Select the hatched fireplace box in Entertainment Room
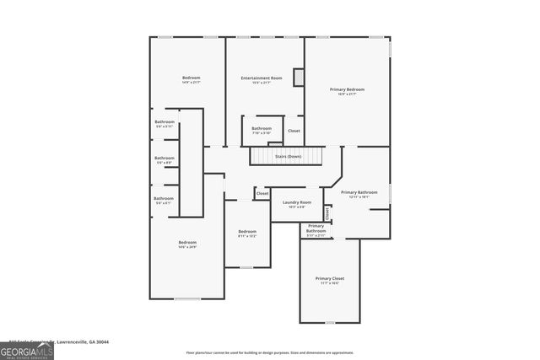tap(298, 78)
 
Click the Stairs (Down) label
tap(288, 157)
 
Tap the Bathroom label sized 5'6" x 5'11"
tap(165, 122)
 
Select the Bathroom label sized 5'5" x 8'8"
tap(165, 159)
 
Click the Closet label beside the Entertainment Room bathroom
tap(294, 131)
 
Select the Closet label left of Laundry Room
tap(262, 193)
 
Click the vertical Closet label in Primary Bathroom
tap(327, 212)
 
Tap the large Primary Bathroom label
tap(359, 193)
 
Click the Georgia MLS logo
tap(27, 350)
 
